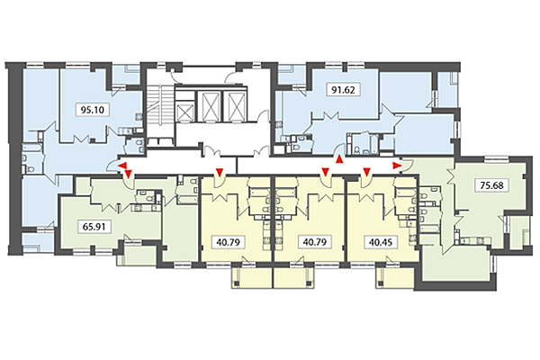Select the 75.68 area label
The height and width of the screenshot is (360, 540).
coord(490,186)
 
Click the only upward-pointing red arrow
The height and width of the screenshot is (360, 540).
coord(339,159)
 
